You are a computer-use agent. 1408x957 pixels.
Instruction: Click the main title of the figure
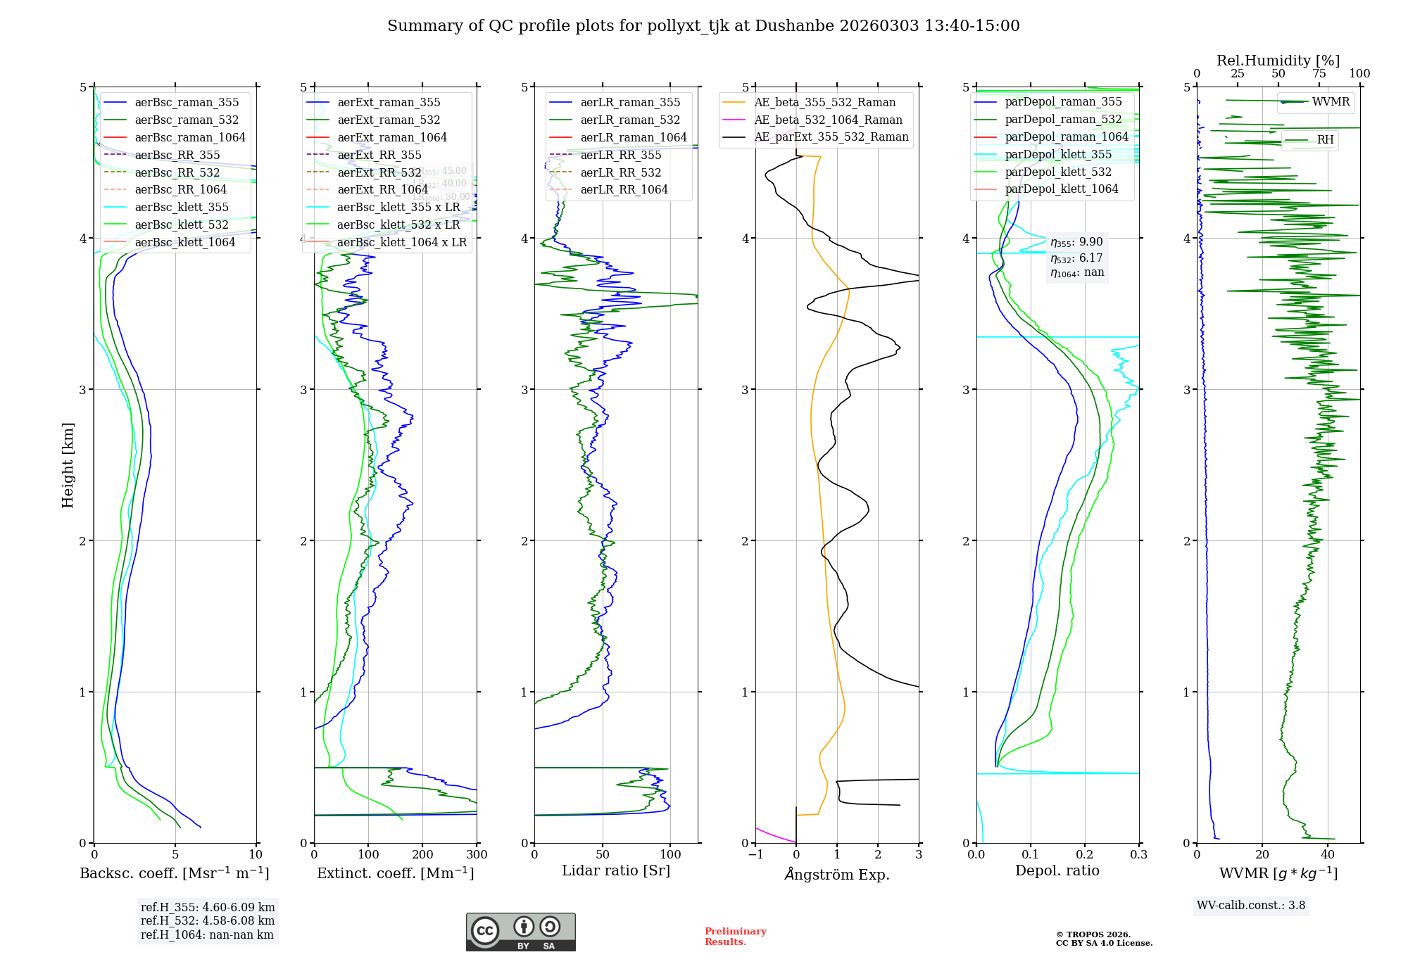703,26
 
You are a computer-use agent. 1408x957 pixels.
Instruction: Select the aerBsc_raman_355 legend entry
187,103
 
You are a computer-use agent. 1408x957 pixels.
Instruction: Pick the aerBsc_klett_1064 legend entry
185,243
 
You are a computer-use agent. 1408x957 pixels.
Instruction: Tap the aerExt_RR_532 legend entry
379,173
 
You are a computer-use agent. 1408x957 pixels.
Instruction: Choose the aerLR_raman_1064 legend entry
634,138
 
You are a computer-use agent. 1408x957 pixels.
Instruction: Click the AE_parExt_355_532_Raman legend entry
831,137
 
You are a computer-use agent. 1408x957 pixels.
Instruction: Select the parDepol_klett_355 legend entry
1058,155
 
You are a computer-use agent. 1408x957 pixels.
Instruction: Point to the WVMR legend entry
1331,102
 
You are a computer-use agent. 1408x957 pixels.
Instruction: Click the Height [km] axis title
68,465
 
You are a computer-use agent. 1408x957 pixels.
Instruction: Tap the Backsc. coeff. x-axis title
175,873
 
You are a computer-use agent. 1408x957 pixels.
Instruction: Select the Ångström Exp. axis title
837,874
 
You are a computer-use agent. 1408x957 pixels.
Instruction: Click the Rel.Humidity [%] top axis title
1278,61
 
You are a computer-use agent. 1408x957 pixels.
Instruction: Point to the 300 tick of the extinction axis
477,855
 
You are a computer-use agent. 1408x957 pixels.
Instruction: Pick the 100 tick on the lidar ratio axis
670,855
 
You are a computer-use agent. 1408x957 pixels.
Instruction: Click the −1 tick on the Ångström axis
755,855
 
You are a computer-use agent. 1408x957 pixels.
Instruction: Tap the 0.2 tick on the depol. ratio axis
1085,855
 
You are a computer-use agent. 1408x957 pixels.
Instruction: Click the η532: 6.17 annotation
1076,258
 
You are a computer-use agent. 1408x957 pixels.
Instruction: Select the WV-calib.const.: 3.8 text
1251,906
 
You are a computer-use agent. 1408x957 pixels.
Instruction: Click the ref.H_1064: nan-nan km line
207,935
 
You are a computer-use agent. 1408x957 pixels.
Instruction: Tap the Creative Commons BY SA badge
520,932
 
